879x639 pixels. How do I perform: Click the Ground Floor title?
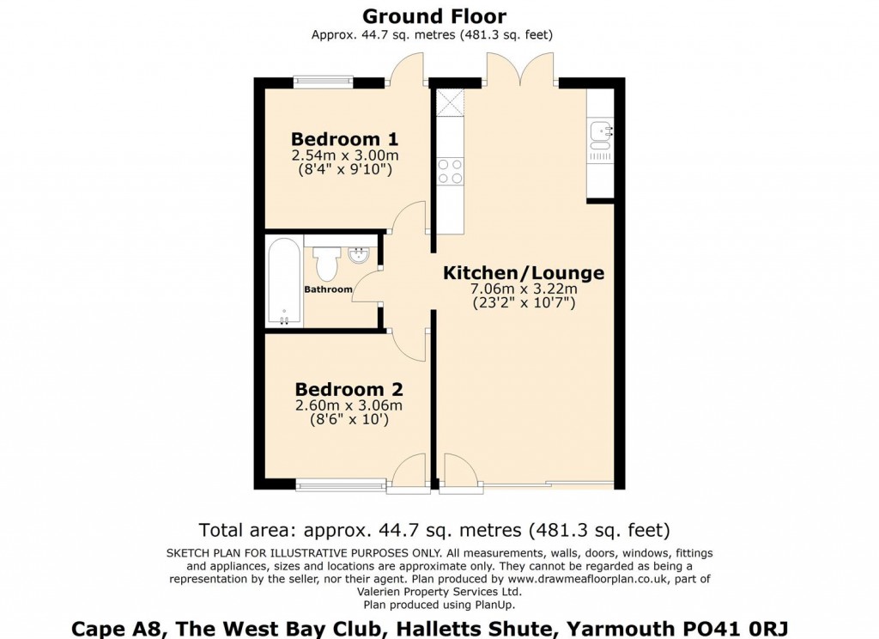click(x=433, y=15)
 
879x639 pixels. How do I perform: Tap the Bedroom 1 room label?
click(x=344, y=139)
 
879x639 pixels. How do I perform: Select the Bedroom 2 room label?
click(x=349, y=389)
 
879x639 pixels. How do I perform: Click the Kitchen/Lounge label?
click(x=523, y=273)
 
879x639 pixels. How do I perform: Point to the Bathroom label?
click(x=328, y=289)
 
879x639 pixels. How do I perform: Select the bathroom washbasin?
click(x=360, y=255)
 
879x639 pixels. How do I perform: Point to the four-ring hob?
click(x=450, y=171)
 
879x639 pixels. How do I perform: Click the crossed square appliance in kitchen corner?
click(x=449, y=101)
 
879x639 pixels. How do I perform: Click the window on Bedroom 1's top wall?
click(x=324, y=82)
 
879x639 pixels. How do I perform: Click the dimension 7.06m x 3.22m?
click(x=523, y=289)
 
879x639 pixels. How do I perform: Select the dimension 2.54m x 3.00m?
click(x=344, y=155)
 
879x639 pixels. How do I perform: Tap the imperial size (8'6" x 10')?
click(x=349, y=420)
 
